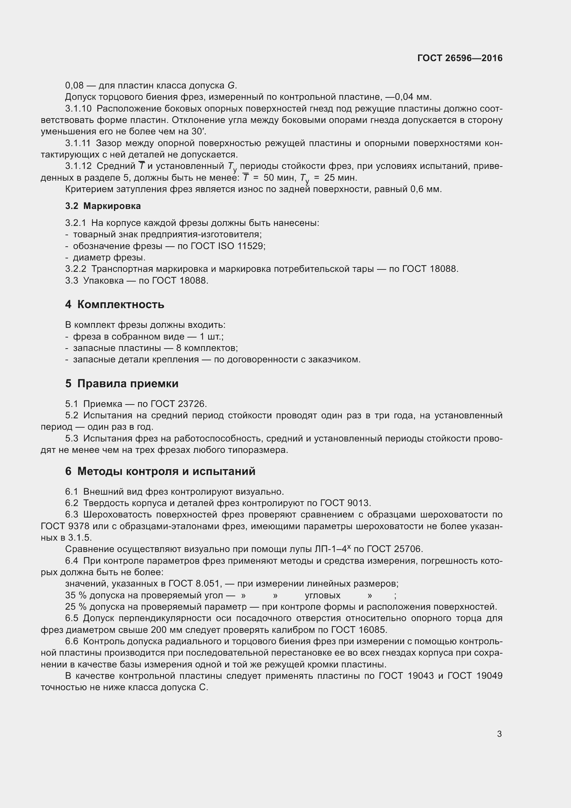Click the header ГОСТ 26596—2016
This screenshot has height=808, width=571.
[459, 58]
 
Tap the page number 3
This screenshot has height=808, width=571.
[499, 734]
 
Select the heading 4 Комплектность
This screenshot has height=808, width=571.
[115, 304]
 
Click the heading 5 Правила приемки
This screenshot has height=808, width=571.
[122, 383]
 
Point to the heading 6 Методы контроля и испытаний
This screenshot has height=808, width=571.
[160, 471]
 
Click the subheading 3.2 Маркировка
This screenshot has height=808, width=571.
[103, 206]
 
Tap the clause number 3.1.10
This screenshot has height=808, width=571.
[78, 109]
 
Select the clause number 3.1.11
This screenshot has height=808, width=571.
[78, 143]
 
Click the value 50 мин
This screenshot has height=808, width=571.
[280, 178]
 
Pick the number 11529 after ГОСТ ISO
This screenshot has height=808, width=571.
[250, 246]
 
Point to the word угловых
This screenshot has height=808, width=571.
[322, 596]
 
